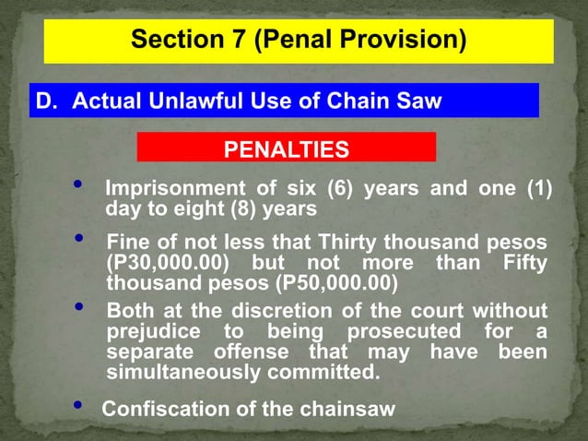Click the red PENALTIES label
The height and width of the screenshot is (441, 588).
(286, 149)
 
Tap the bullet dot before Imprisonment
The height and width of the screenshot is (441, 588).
(79, 186)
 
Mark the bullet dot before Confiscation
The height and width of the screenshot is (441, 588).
(76, 406)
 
